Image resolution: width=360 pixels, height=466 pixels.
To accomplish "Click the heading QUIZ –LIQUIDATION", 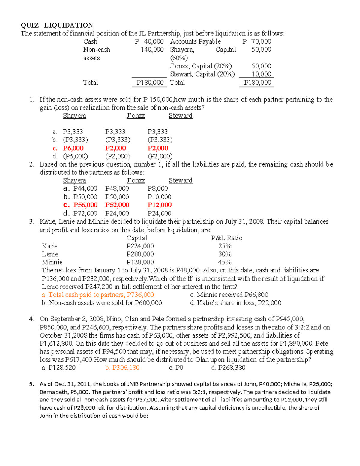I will point(57,25).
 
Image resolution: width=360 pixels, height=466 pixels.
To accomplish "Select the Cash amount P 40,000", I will point(149,41).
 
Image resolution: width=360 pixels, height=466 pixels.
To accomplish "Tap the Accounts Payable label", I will point(195,41).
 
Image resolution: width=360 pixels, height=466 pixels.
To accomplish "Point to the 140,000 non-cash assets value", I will point(152,50).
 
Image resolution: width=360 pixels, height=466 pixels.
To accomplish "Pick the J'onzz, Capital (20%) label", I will point(201,66).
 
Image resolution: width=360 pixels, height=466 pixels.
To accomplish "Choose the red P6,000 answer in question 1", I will point(73,148).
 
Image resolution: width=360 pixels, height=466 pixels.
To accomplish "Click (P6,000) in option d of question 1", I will point(75,156).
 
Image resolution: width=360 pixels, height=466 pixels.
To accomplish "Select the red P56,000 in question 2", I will point(85,205).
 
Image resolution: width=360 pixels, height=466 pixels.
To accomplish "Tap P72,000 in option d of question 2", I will point(85,213).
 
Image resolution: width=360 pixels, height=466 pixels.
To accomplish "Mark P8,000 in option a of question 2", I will point(157,188).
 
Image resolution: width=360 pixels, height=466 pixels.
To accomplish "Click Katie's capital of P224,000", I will point(140,246).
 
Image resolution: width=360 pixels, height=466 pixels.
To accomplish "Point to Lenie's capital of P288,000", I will point(140,254).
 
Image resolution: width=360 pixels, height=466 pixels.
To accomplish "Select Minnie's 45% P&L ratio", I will point(225,262).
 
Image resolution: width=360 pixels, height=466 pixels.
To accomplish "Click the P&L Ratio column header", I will point(226,238).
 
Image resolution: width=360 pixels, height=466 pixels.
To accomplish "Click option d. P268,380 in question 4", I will point(228,368).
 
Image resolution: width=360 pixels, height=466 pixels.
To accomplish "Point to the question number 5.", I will point(31,384).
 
